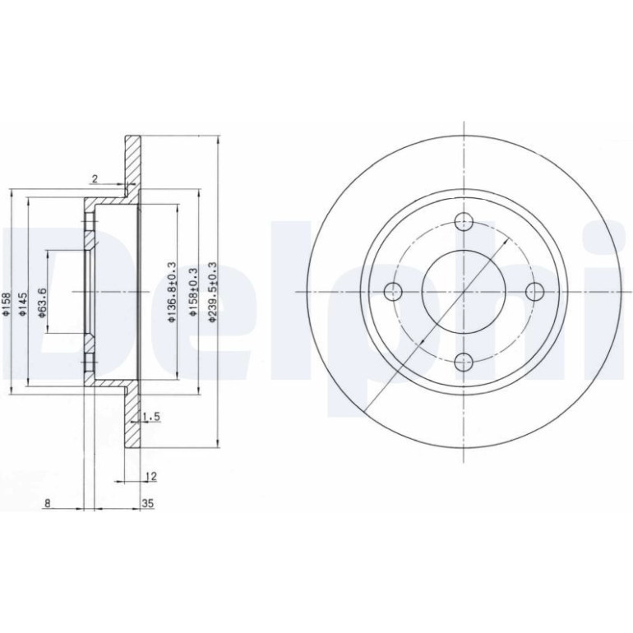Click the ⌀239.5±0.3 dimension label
213,292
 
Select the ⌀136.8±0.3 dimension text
173,292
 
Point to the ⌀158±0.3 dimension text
193,292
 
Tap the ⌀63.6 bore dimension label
43,303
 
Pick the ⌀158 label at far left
6,304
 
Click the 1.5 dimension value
153,416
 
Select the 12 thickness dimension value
150,476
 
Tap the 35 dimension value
148,503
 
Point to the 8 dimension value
48,503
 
